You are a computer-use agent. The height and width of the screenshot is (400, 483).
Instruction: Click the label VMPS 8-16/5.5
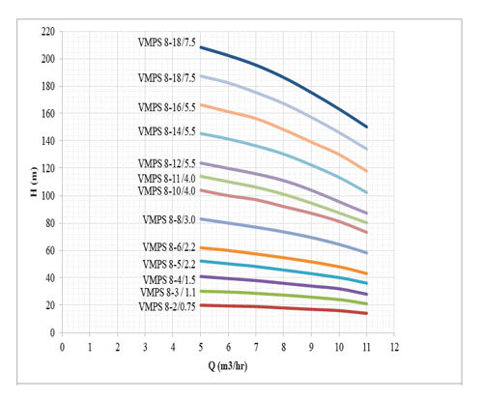coord(166,107)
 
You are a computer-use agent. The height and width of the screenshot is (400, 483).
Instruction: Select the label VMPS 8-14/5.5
coord(166,131)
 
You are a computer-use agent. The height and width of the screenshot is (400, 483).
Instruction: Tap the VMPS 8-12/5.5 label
coord(166,163)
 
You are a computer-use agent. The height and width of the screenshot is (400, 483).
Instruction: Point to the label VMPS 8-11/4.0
coord(166,178)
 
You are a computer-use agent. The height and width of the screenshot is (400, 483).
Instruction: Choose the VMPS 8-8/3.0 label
coord(168,220)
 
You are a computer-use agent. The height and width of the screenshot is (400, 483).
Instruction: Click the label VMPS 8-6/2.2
coord(168,248)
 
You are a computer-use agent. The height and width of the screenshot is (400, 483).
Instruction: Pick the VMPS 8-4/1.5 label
coord(168,278)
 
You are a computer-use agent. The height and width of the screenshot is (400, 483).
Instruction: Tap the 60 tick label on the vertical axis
coord(49,250)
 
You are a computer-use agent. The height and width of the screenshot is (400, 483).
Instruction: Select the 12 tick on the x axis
coord(394,345)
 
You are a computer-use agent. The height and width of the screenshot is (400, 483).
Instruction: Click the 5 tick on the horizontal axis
coord(201,345)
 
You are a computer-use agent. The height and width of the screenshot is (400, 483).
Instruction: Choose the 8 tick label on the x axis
coord(284,345)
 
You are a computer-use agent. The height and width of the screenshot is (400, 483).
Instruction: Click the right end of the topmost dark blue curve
coord(366,127)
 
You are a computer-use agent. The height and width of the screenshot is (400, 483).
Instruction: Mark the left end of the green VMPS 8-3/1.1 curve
coord(201,291)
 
